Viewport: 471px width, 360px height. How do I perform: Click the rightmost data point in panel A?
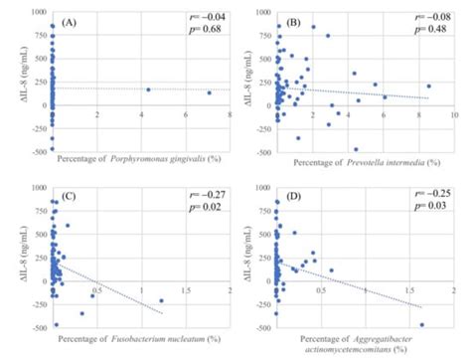click(210, 93)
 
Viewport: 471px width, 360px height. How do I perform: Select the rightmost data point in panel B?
click(429, 87)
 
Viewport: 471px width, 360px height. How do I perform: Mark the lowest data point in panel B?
click(356, 149)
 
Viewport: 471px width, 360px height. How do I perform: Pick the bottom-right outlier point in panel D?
click(421, 324)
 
